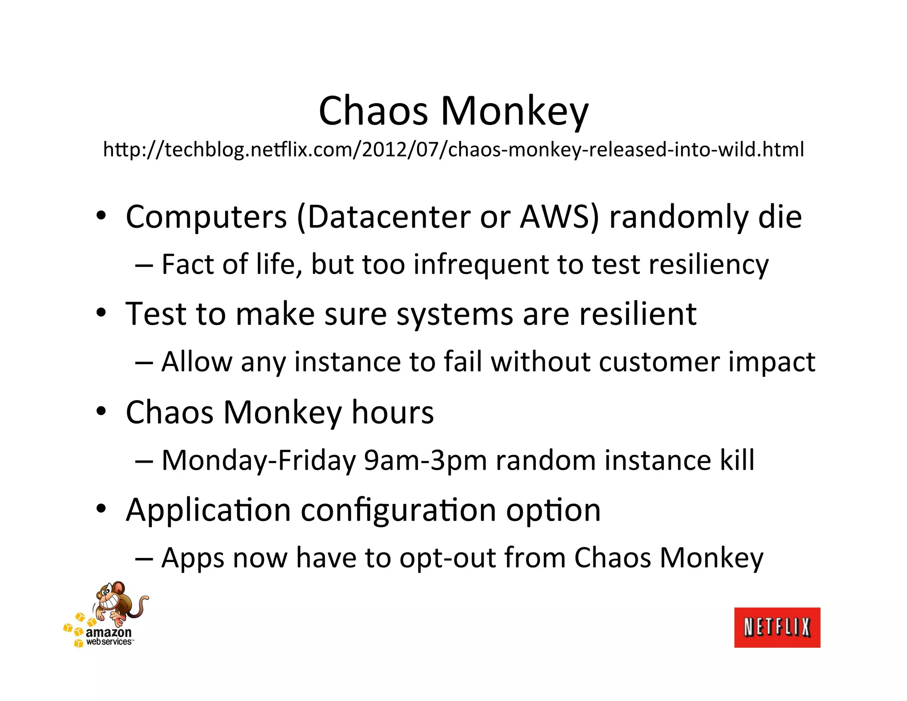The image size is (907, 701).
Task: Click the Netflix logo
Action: point(777,627)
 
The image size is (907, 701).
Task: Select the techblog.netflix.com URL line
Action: point(453,150)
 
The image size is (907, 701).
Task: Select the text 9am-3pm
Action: point(425,460)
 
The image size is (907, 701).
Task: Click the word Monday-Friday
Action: point(259,460)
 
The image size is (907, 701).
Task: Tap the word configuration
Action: point(398,510)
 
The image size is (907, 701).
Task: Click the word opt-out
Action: point(447,558)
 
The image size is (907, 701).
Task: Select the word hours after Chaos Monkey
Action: point(392,412)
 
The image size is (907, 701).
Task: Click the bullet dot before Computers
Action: point(101,217)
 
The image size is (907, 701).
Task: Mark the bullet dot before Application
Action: point(101,510)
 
